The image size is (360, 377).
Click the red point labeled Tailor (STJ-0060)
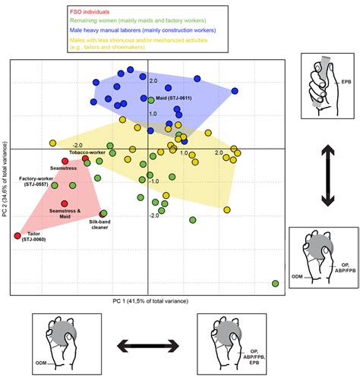point(17,236)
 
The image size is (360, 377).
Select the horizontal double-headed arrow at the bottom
point(147,347)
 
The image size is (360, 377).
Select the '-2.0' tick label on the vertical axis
point(153,215)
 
